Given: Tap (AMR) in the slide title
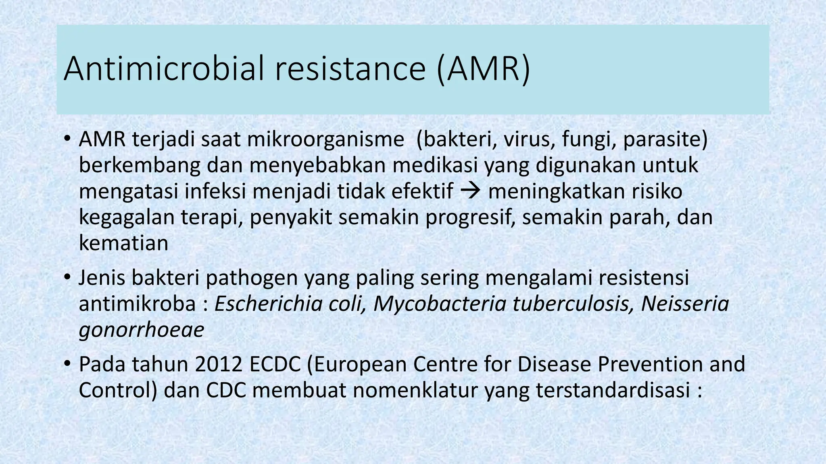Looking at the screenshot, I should tap(483, 69).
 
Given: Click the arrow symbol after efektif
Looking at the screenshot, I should tap(468, 191).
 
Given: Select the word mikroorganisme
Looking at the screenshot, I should tap(325, 140).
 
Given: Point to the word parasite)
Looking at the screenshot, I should tap(665, 140).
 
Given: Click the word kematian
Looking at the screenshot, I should tap(123, 243).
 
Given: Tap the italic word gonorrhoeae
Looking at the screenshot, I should tap(141, 330).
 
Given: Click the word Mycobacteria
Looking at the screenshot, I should tap(440, 304).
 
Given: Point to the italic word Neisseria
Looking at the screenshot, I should tap(684, 304).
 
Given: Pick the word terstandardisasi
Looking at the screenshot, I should tap(613, 390).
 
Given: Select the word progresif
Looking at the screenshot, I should tap(470, 217).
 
